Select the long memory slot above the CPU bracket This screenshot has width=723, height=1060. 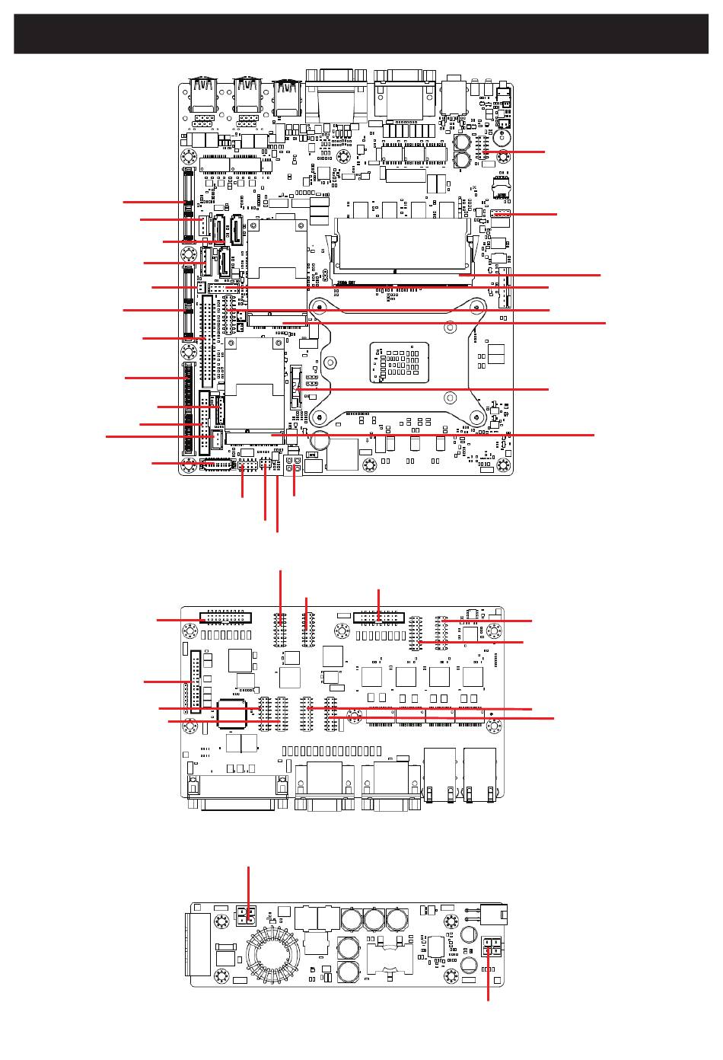[x=403, y=244]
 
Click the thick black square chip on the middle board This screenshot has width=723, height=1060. [x=234, y=711]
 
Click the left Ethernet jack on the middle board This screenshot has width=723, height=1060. [x=441, y=774]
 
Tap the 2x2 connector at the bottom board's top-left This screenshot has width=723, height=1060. [x=246, y=915]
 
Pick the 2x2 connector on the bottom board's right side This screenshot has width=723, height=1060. [x=492, y=947]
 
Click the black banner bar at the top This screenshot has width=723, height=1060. [x=361, y=34]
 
